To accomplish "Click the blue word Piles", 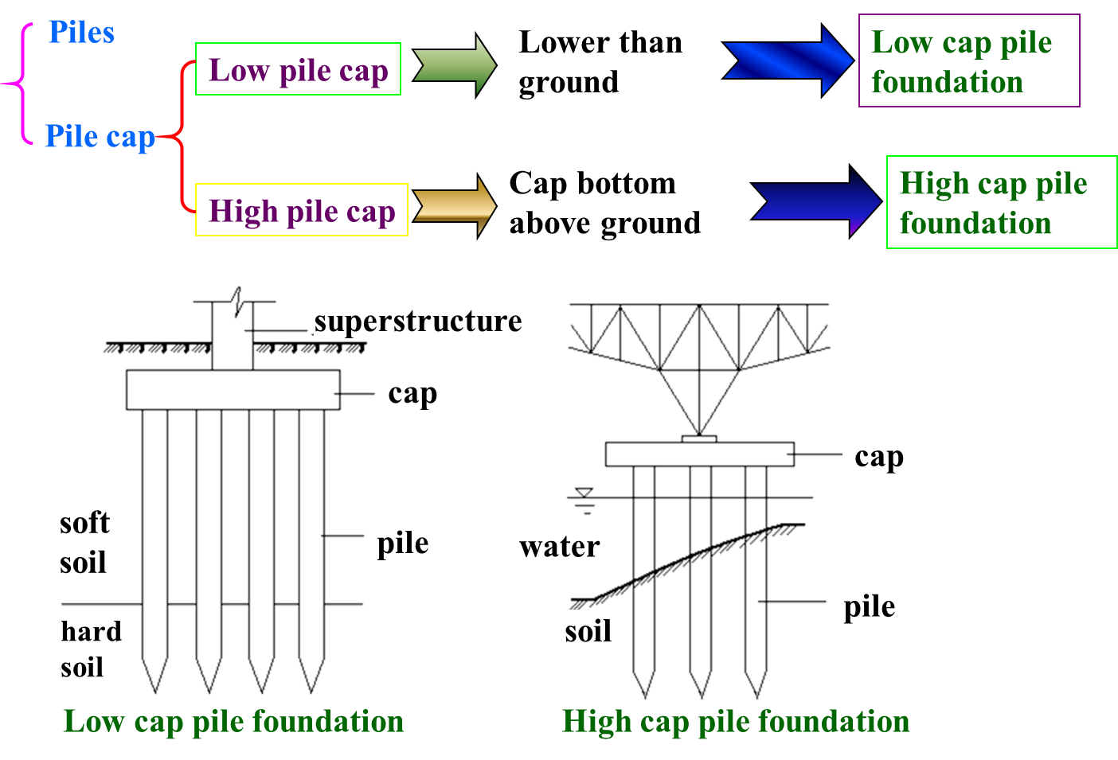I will point(81,33).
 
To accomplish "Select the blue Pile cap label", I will point(100,137).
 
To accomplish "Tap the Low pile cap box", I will point(298,70).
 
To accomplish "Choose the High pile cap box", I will point(302,211).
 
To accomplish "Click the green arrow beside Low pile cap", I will point(455,65).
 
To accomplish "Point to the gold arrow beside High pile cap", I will point(455,206).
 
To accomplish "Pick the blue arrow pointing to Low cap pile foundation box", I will point(788,61).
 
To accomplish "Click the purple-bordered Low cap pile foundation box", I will point(969,61).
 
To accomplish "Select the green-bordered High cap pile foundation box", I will point(1002,203).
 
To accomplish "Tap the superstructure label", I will point(431,320).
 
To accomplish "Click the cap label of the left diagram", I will point(412,392).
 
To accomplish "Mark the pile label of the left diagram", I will point(403,542).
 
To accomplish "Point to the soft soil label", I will point(88,542).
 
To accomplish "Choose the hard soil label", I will point(94,649).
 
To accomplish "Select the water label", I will point(560,545).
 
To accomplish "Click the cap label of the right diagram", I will point(879,455).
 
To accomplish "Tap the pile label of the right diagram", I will point(870,606).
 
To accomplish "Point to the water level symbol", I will point(584,501).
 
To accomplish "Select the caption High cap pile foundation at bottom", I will point(736,721).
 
